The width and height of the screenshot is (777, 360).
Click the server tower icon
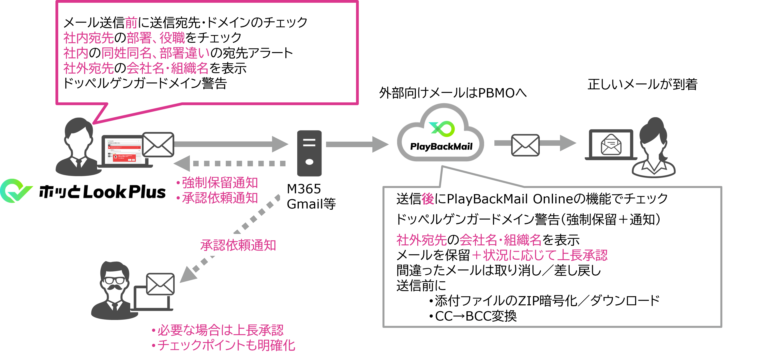(x=309, y=153)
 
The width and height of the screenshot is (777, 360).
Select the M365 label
(x=304, y=189)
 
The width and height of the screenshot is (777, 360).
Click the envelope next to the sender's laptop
(x=158, y=144)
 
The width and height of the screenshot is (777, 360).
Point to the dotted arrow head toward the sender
(x=182, y=163)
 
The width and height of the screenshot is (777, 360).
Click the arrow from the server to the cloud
(x=357, y=144)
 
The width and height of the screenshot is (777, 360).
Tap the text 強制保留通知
(x=220, y=183)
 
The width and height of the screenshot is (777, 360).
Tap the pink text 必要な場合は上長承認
(x=220, y=330)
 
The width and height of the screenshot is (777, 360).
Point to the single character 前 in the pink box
(x=131, y=23)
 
